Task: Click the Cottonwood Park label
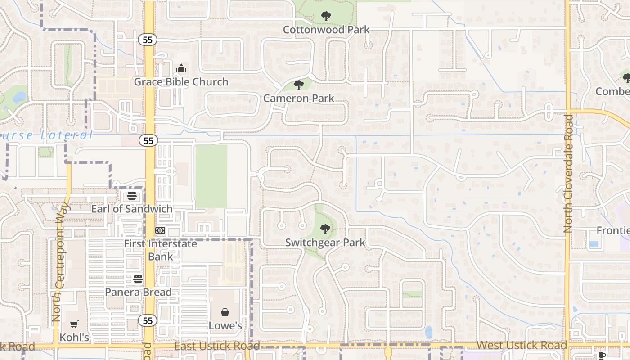[x=326, y=30]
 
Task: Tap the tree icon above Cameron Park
[x=298, y=85]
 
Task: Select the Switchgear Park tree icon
[x=325, y=229]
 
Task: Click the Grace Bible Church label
[x=181, y=82]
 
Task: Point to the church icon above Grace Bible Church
[x=181, y=69]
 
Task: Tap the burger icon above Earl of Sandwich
[x=132, y=196]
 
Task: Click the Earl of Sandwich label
[x=132, y=209]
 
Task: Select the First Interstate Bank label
[x=161, y=250]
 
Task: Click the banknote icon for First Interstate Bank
[x=160, y=230]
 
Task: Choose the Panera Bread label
[x=138, y=292]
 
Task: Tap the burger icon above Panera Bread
[x=138, y=279]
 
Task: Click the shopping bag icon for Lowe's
[x=225, y=312]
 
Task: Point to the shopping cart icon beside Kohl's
[x=74, y=324]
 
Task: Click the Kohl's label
[x=74, y=337]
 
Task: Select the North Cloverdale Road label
[x=568, y=173]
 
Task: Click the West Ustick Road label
[x=522, y=346]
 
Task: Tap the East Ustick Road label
[x=217, y=346]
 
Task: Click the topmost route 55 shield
[x=148, y=40]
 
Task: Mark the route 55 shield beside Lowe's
[x=148, y=320]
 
